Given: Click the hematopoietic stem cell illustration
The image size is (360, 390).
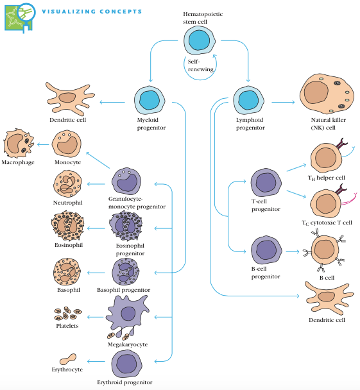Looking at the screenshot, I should pyautogui.click(x=198, y=42).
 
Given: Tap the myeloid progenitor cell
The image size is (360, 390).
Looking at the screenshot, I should pyautogui.click(x=150, y=101).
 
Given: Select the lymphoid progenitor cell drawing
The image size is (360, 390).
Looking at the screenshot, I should pyautogui.click(x=248, y=101).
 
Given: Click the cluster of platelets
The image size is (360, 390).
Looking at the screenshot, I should pyautogui.click(x=66, y=314).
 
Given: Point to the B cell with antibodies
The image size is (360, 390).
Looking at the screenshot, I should pyautogui.click(x=324, y=251).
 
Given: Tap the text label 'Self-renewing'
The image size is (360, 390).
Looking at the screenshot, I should pyautogui.click(x=200, y=65).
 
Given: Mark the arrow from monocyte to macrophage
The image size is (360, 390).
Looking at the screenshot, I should pyautogui.click(x=42, y=144).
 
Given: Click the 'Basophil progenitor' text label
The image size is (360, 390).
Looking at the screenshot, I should pyautogui.click(x=123, y=290).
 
